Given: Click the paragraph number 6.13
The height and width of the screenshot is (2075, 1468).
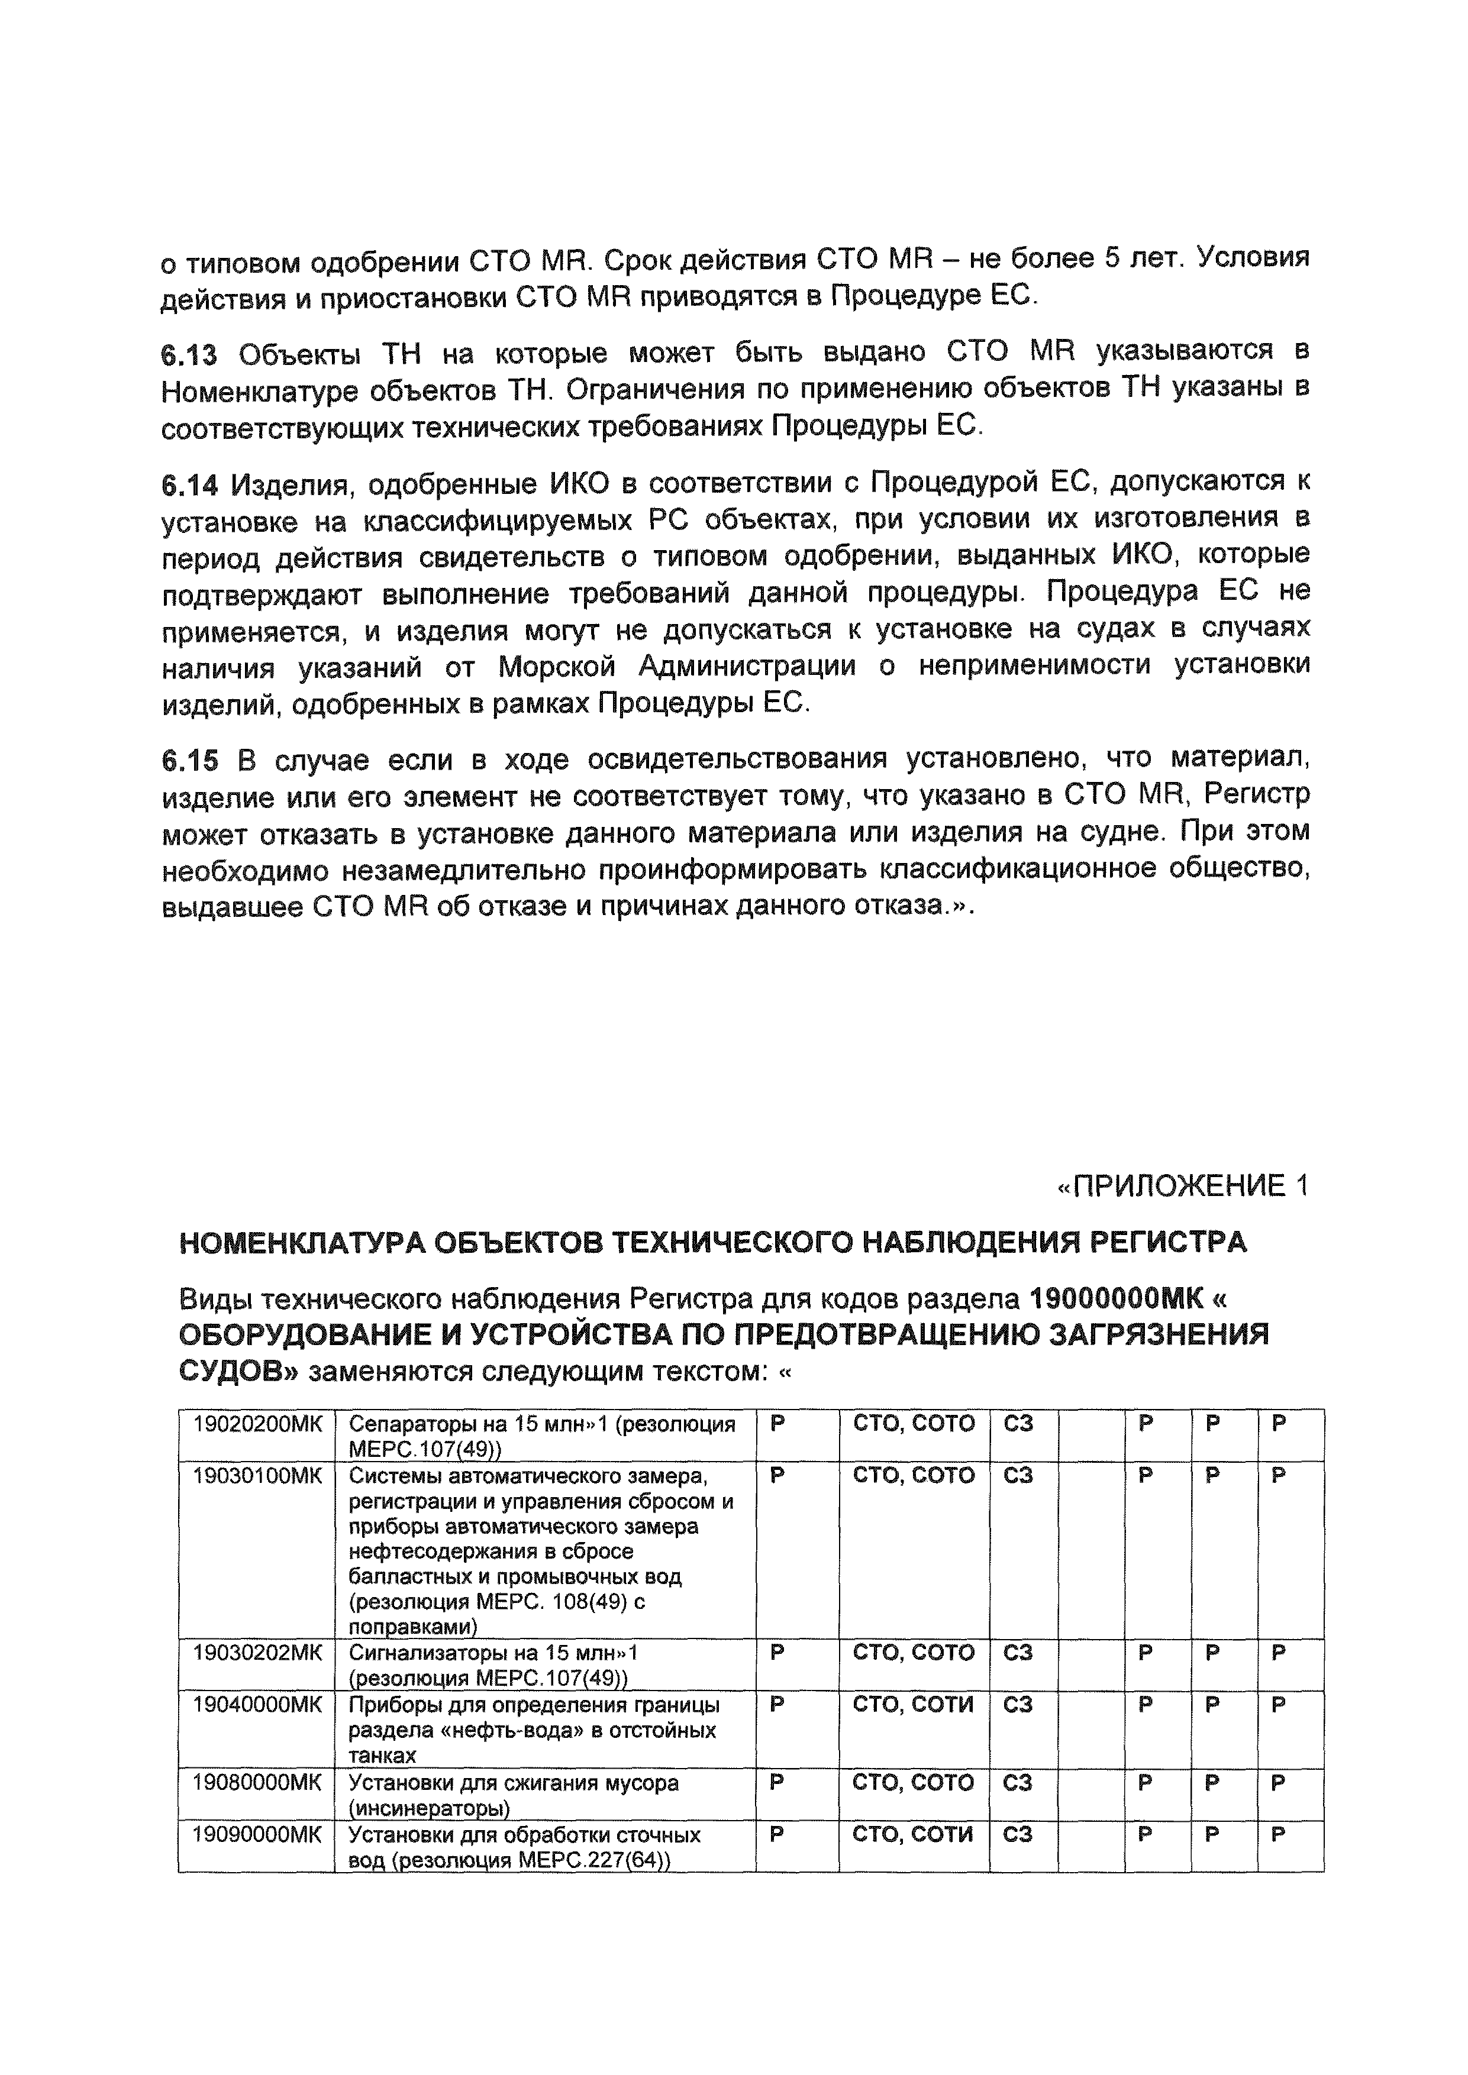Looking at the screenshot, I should [189, 355].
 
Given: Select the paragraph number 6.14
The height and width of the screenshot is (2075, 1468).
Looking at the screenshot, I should [189, 486].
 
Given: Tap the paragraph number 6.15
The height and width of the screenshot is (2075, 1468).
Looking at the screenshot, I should [189, 761].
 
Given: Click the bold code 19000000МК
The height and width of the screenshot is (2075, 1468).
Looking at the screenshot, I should [1117, 1300].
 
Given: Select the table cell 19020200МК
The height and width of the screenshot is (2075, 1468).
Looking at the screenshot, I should [257, 1424].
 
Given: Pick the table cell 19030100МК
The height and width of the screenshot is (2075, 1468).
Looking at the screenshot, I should [257, 1476].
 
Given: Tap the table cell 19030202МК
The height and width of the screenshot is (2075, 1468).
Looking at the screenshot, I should [257, 1653].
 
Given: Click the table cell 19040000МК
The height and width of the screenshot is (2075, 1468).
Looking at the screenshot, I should [257, 1705].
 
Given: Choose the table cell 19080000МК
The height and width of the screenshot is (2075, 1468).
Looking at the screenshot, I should [257, 1783].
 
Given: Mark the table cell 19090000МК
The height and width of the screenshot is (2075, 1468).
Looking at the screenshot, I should [257, 1835].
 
